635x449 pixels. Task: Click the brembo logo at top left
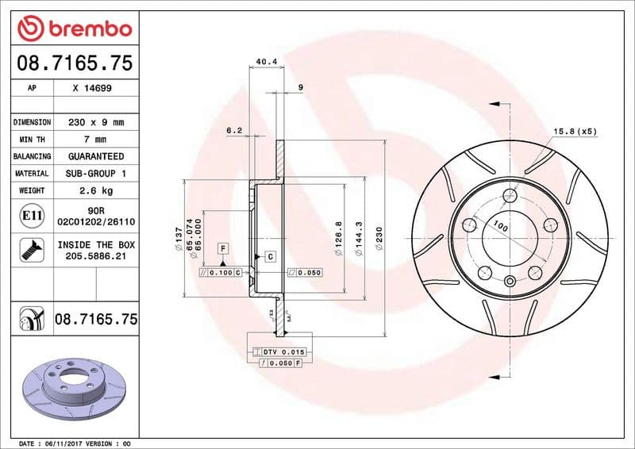(74, 29)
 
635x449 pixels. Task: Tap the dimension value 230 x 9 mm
(95, 122)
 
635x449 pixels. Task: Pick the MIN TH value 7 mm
(95, 140)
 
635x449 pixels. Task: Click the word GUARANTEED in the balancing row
(95, 156)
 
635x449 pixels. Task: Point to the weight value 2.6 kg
(95, 190)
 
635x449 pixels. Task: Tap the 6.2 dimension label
(233, 129)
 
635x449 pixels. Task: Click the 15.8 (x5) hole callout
(574, 131)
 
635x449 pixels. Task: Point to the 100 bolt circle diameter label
(499, 227)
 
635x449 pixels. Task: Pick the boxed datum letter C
(270, 256)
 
